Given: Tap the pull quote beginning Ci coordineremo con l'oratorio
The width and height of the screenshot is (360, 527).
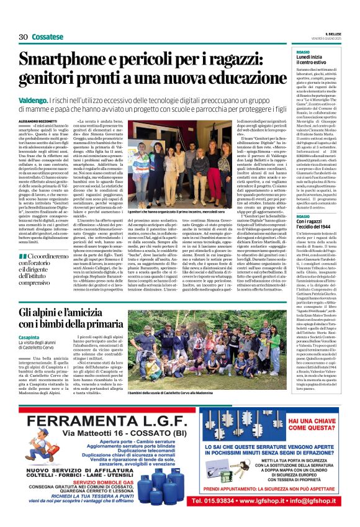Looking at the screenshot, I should pyautogui.click(x=43, y=272).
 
